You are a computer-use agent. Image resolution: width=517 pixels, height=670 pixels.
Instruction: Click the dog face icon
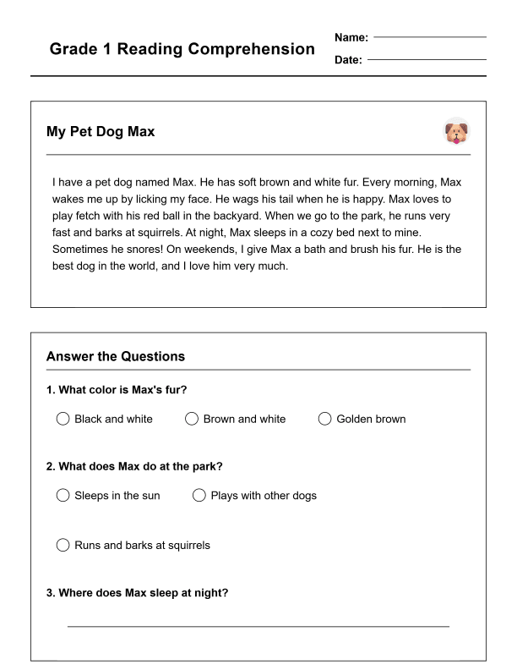(456, 132)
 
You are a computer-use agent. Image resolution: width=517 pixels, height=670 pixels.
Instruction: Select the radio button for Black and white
(63, 419)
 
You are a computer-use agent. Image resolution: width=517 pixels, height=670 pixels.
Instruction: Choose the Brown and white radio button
(192, 419)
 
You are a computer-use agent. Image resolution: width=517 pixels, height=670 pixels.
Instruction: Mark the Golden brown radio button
(324, 419)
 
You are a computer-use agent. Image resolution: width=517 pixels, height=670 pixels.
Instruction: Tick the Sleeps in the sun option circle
(63, 495)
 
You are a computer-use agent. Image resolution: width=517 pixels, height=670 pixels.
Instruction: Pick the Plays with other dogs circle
(199, 495)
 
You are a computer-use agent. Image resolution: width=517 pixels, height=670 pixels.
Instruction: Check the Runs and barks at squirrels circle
(63, 545)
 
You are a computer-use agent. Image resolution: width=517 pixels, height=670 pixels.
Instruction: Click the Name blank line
(429, 36)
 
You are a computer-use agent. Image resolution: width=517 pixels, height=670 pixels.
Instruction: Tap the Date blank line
(427, 59)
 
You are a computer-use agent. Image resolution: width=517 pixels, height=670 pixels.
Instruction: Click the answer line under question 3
(258, 626)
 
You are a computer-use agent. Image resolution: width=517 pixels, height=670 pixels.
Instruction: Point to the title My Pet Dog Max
(101, 132)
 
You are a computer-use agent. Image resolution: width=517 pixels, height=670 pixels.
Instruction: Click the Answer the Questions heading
(116, 356)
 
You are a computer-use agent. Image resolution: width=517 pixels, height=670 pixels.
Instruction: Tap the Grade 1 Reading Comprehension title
(182, 49)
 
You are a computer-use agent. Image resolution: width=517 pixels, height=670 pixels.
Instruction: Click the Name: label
(351, 37)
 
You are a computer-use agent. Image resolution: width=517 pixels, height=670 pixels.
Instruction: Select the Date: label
(349, 60)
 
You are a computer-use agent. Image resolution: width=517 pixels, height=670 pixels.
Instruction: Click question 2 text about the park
(134, 466)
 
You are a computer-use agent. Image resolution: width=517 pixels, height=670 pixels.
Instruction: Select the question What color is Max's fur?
(117, 390)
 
